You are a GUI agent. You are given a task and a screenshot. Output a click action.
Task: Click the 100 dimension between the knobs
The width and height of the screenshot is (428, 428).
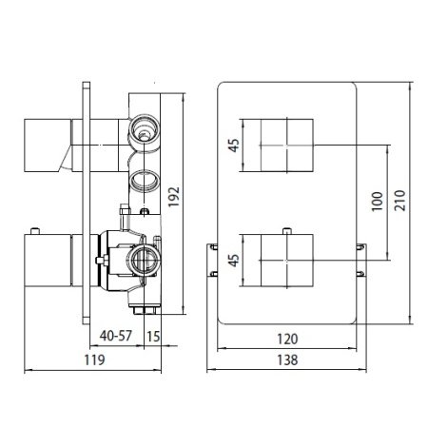coord(378,202)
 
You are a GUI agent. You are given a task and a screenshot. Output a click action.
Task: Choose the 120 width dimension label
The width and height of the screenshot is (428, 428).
coord(288,337)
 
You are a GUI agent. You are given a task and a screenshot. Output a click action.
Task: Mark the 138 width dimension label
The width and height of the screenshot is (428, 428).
coord(288,360)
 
